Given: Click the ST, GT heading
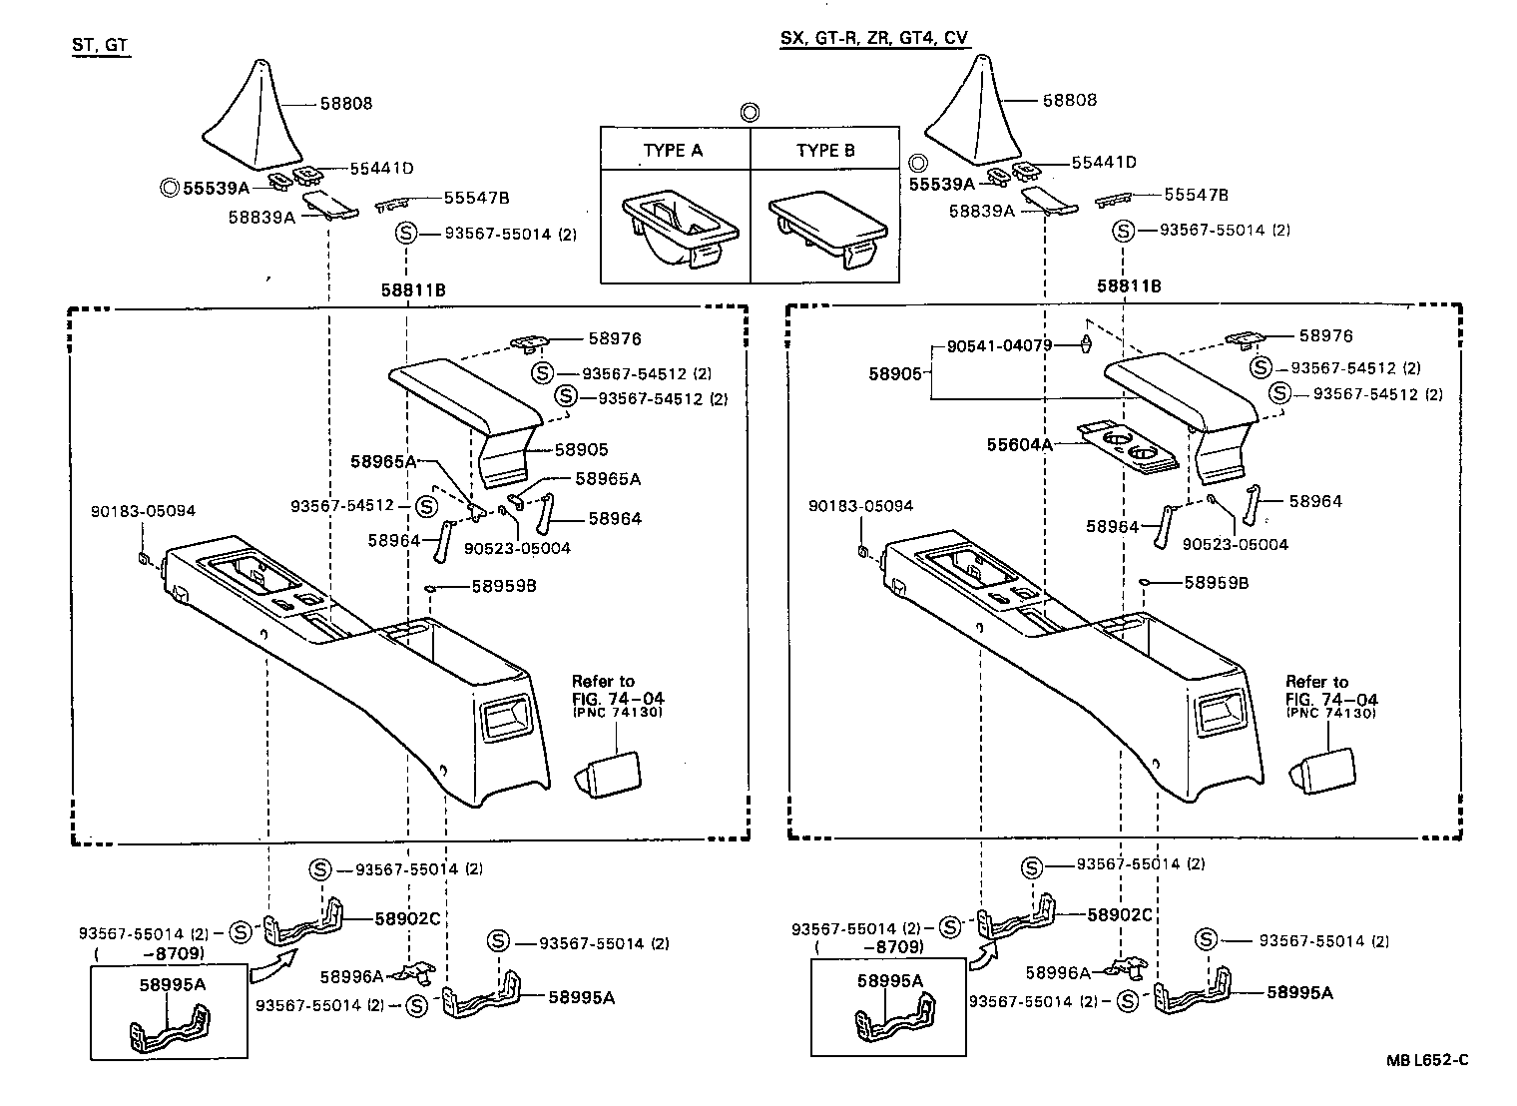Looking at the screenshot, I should tap(101, 45).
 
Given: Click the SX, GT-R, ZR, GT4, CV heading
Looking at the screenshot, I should tap(874, 38).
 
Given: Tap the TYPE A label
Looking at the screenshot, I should tap(673, 151).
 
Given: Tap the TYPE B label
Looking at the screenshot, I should tap(825, 151).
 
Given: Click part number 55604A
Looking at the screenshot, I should tap(1020, 445).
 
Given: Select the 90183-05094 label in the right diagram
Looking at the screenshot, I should tap(860, 506).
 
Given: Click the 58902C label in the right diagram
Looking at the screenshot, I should tap(1119, 914).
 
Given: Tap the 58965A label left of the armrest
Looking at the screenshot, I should tap(382, 461).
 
